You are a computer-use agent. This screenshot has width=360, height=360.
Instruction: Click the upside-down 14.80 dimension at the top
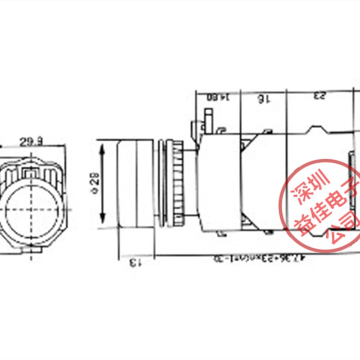(218, 97)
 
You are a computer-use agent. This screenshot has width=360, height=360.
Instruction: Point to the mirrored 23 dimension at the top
(320, 96)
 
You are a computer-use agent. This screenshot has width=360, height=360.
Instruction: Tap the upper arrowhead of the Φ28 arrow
(103, 147)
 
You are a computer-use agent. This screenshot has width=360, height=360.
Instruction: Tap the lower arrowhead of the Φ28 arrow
(103, 223)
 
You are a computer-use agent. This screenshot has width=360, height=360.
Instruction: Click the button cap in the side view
(135, 184)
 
